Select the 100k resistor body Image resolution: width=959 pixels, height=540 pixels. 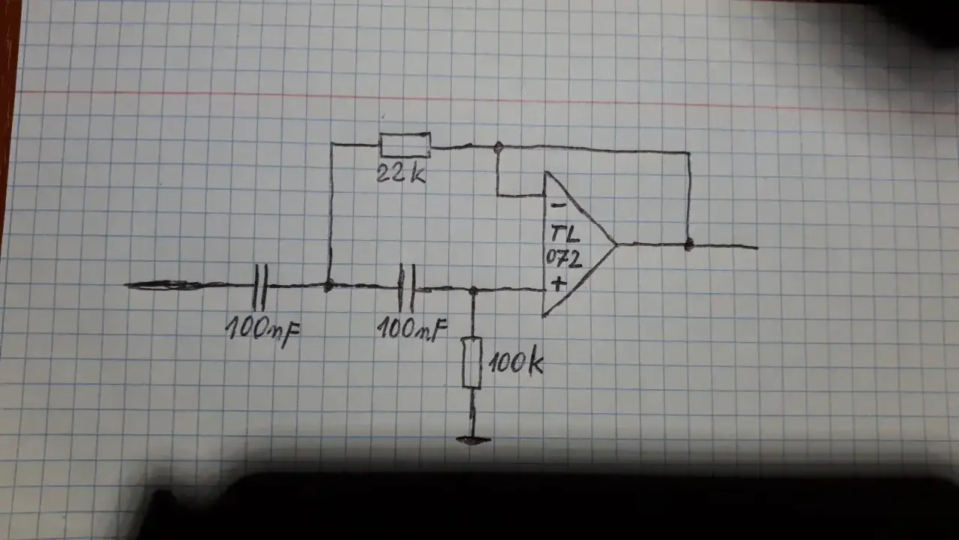(471, 363)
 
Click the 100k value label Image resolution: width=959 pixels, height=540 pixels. (515, 364)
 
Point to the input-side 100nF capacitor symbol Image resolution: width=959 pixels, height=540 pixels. (259, 286)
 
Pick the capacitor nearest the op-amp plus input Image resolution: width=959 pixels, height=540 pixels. (407, 288)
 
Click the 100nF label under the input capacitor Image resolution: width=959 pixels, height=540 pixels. (263, 328)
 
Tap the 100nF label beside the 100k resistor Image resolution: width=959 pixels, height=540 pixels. (412, 328)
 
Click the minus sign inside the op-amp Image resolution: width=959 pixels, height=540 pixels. (556, 204)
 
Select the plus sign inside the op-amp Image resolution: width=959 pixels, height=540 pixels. (557, 283)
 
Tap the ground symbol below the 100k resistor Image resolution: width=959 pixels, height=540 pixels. (473, 440)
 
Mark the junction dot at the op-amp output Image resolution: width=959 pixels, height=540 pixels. (689, 244)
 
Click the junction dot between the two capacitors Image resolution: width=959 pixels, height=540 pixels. (328, 286)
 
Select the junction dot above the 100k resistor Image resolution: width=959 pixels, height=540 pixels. (472, 290)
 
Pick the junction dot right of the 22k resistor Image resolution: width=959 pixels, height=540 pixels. (497, 147)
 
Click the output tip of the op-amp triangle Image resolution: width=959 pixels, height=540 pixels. (616, 244)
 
